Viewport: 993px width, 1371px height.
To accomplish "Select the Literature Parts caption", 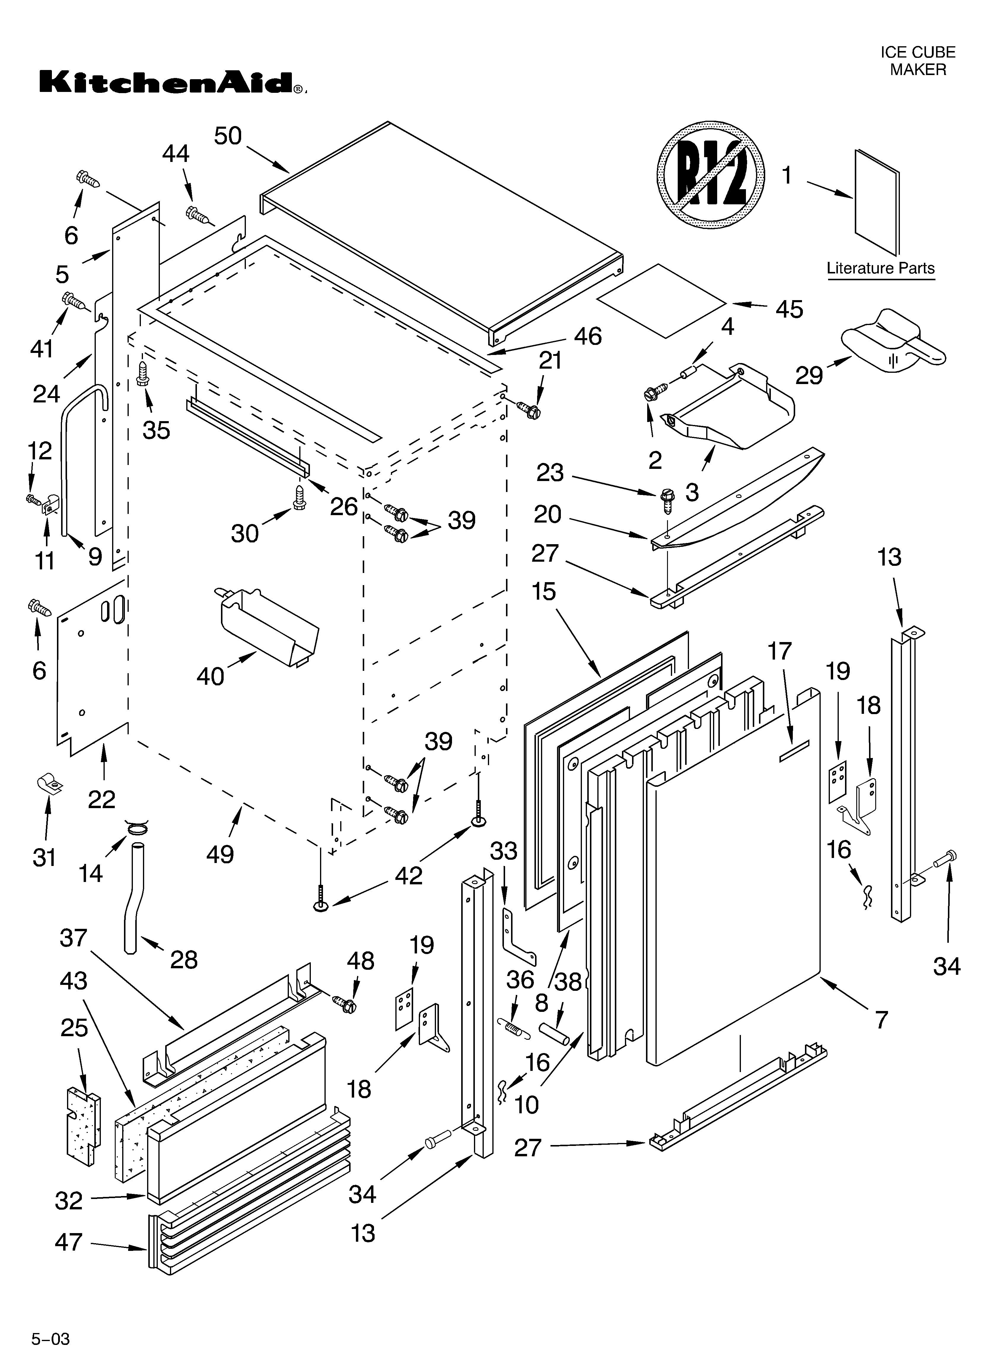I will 881,268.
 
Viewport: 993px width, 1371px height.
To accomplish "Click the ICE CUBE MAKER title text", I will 917,61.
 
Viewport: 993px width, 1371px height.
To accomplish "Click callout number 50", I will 228,137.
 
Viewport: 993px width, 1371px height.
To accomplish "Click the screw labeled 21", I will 530,409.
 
